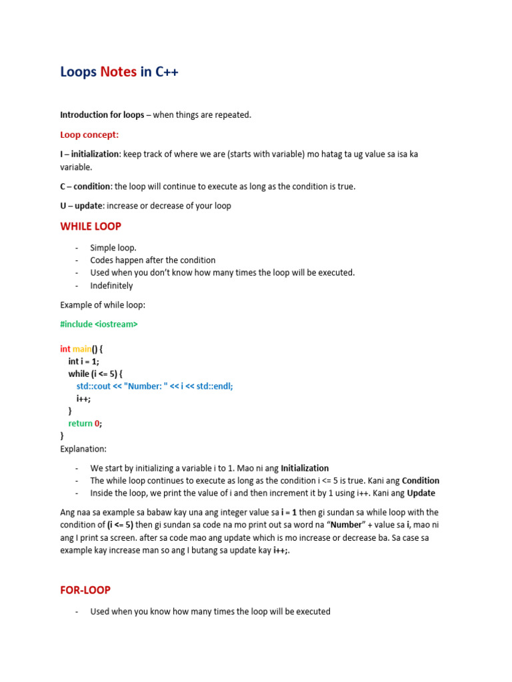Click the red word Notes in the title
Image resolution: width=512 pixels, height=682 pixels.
point(118,72)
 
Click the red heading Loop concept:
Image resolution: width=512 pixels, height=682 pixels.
point(89,135)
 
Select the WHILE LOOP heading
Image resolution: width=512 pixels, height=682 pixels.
point(91,226)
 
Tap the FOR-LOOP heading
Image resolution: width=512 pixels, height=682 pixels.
point(85,590)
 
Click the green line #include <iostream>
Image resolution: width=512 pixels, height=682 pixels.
point(99,324)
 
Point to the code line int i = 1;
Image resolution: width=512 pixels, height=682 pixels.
point(83,361)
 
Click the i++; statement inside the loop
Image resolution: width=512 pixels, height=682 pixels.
point(83,398)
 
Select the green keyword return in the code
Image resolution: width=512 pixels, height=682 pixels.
point(80,423)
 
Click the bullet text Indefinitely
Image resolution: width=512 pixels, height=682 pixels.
point(111,286)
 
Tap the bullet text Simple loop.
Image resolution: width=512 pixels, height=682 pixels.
point(113,248)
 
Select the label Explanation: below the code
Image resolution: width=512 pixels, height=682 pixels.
point(83,449)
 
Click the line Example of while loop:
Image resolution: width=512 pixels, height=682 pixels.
point(102,305)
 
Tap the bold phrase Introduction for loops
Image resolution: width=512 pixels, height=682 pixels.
point(102,115)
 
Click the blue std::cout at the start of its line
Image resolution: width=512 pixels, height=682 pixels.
point(94,386)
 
